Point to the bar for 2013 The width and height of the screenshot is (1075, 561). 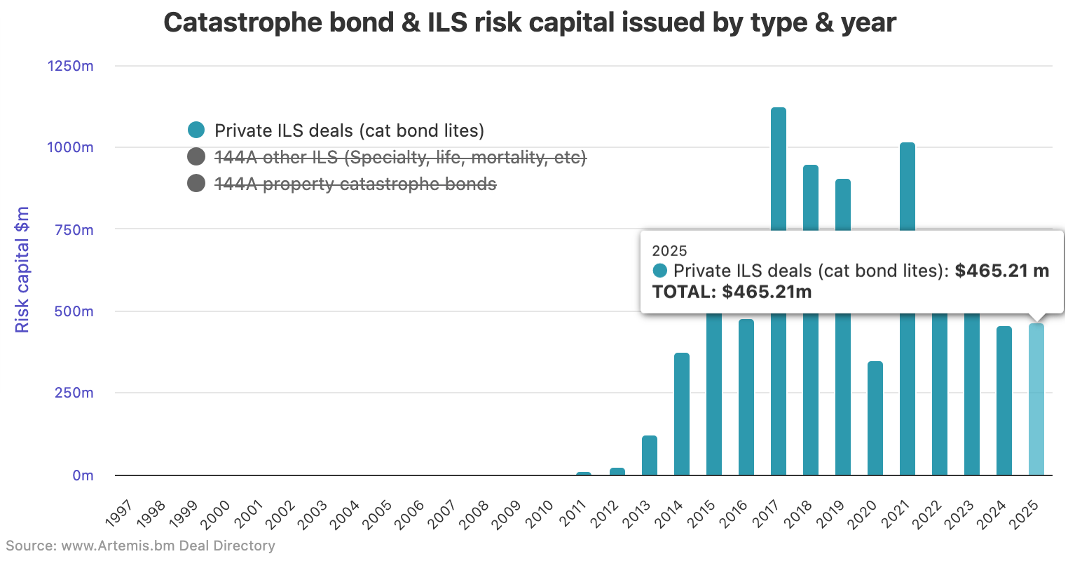[649, 455]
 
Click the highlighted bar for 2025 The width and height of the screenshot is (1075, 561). [1036, 399]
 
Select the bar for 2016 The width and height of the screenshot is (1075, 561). [746, 397]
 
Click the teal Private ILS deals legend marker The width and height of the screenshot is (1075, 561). [196, 130]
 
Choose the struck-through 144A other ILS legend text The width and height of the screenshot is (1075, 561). [399, 157]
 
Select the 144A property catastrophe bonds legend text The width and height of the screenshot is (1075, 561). [355, 184]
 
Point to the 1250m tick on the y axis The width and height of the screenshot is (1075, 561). [70, 66]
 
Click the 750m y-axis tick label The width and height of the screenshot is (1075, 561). [74, 230]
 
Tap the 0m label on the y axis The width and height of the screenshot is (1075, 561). [83, 475]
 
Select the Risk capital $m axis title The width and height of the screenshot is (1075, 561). [22, 269]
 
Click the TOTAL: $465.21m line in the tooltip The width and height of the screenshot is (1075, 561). [732, 292]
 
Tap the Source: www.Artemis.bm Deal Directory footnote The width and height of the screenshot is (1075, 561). [140, 546]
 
